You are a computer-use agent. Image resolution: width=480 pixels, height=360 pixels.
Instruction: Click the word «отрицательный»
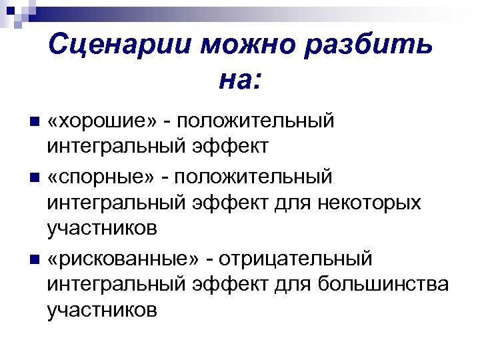298,258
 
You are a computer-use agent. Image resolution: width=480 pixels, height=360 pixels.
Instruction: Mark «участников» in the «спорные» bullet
103,229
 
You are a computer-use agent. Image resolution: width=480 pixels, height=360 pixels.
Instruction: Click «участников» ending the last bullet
103,309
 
